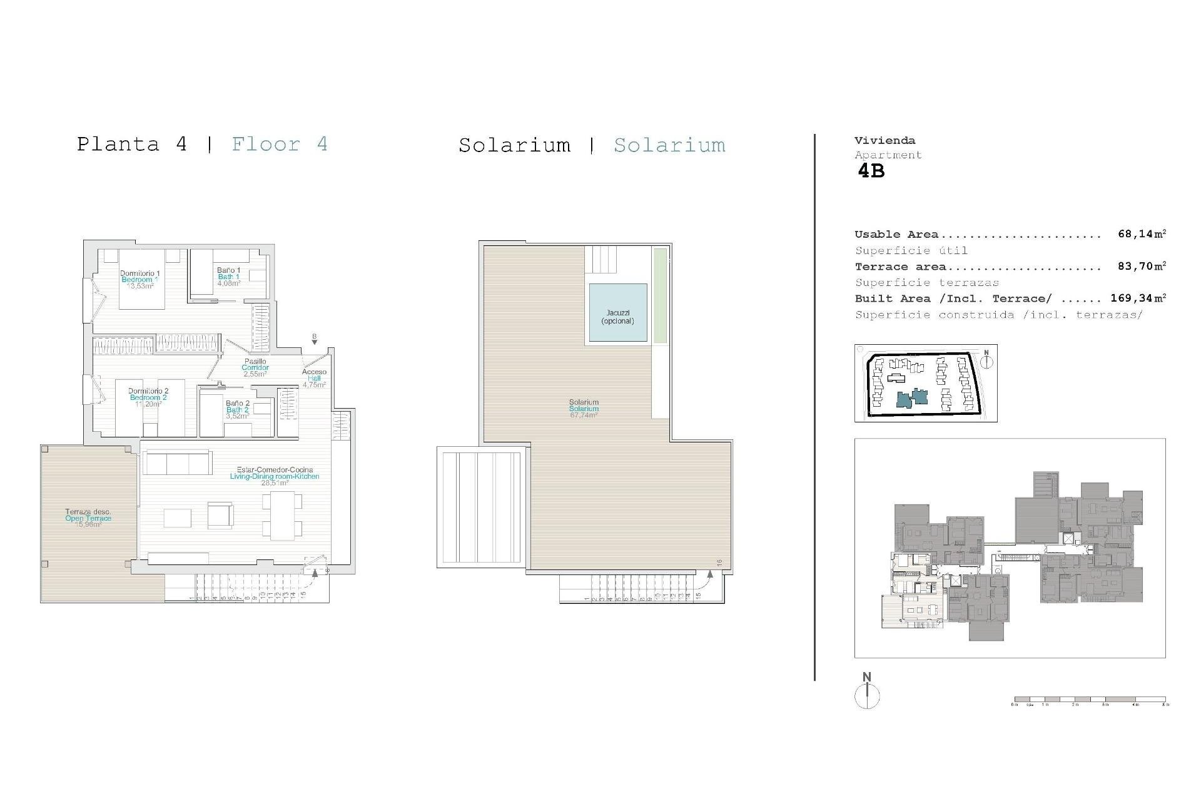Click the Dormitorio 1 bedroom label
pyautogui.click(x=140, y=279)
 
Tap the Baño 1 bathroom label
pyautogui.click(x=229, y=277)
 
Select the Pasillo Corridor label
pyautogui.click(x=255, y=367)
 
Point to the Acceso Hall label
pyautogui.click(x=314, y=378)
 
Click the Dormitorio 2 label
pyautogui.click(x=148, y=397)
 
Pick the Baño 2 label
pyautogui.click(x=238, y=409)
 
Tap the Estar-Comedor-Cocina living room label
pyautogui.click(x=275, y=476)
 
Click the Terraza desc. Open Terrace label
pyautogui.click(x=88, y=518)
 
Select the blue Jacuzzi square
pyautogui.click(x=618, y=313)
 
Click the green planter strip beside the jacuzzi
pyautogui.click(x=660, y=295)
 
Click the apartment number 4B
pyautogui.click(x=871, y=171)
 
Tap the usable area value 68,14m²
pyautogui.click(x=1142, y=234)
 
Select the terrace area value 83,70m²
pyautogui.click(x=1142, y=266)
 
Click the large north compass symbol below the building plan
pyautogui.click(x=867, y=696)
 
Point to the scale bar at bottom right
pyautogui.click(x=1090, y=700)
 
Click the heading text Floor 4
pyautogui.click(x=280, y=145)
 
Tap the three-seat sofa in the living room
pyautogui.click(x=177, y=463)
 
